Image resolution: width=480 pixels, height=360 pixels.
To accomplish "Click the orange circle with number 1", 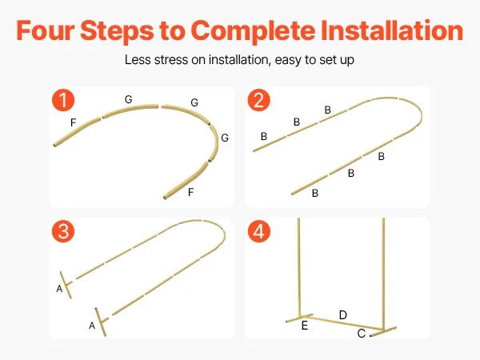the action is click(x=63, y=100).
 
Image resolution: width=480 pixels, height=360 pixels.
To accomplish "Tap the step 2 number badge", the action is click(x=258, y=100).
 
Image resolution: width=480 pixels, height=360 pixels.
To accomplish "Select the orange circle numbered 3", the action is click(x=63, y=231).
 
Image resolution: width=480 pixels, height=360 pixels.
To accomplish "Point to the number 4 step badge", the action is click(x=258, y=231).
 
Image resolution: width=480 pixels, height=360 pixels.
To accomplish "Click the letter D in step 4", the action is click(x=343, y=315).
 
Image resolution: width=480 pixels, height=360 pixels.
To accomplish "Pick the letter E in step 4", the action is click(x=304, y=326).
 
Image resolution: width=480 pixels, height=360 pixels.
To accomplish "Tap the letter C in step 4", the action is click(x=362, y=334).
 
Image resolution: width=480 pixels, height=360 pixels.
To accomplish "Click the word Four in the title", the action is click(x=46, y=30).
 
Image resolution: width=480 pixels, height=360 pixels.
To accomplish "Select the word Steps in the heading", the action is click(x=117, y=31).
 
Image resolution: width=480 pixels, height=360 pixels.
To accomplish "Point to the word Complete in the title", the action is click(x=253, y=31).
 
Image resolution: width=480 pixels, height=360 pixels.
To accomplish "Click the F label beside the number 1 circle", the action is click(x=73, y=122).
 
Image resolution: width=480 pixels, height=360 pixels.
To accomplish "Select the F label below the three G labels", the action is click(x=190, y=192).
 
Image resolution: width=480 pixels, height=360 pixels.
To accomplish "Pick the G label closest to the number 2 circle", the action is click(x=194, y=102).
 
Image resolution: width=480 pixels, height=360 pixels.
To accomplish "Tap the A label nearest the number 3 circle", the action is click(x=59, y=288).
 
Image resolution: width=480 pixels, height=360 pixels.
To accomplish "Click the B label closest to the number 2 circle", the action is click(x=264, y=136).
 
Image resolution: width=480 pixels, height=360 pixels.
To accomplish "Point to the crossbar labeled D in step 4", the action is click(x=342, y=322).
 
